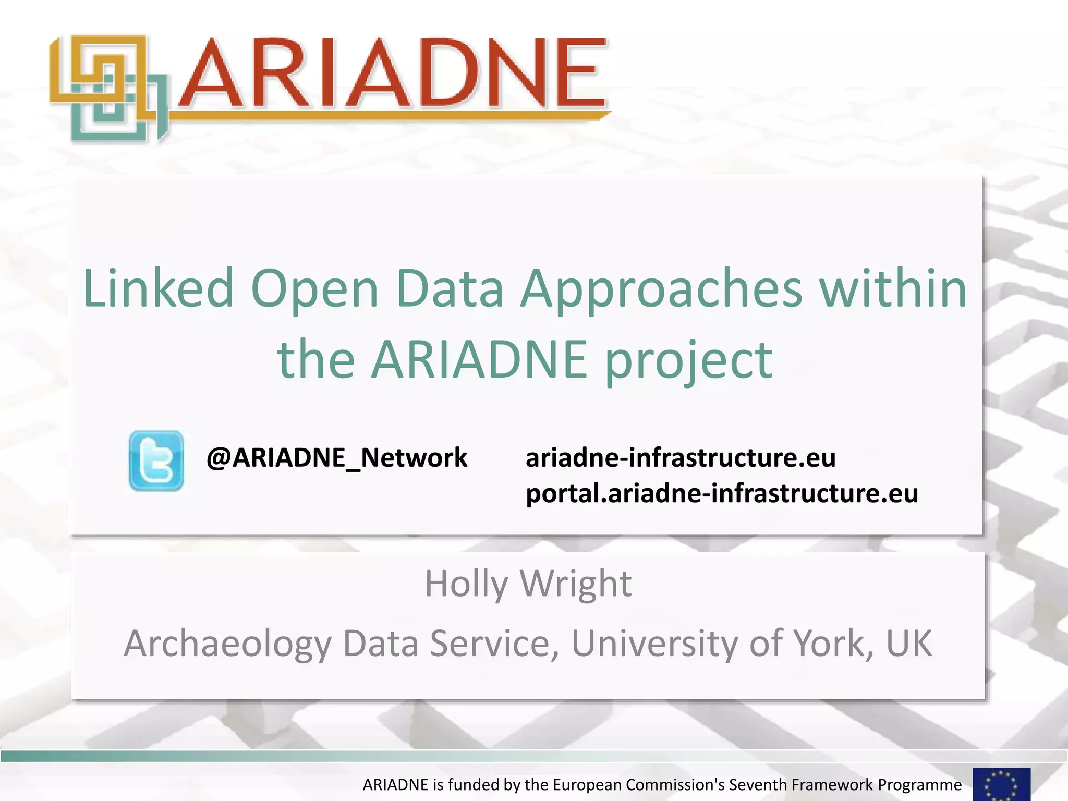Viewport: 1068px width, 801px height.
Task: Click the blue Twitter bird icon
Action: click(156, 460)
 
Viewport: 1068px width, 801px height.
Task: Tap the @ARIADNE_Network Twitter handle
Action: click(337, 458)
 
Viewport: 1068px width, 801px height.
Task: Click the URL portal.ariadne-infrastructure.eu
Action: click(722, 493)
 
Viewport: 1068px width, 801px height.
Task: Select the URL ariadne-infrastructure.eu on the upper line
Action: click(681, 458)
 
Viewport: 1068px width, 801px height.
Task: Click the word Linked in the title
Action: click(158, 288)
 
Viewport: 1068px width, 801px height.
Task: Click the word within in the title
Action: click(893, 288)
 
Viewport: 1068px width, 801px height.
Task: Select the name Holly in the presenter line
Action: click(466, 584)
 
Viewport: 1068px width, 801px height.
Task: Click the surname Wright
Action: click(576, 584)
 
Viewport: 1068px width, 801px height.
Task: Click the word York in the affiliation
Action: click(833, 644)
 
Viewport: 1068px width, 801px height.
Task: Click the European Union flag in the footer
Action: click(1001, 784)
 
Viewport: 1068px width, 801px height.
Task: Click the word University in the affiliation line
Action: click(654, 644)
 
